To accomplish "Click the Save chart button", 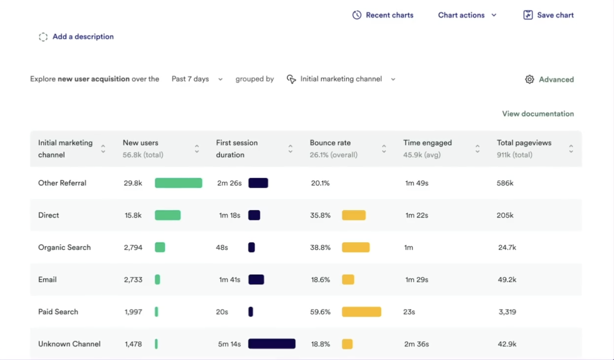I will pyautogui.click(x=548, y=15).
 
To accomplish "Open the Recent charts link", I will pyautogui.click(x=383, y=15).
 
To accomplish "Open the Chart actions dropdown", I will pyautogui.click(x=467, y=15).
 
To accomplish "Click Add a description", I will pyautogui.click(x=76, y=37).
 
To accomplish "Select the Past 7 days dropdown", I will pyautogui.click(x=197, y=79).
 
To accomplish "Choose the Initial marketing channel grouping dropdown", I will pyautogui.click(x=341, y=79).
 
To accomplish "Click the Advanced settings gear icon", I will pyautogui.click(x=529, y=79).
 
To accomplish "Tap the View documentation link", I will pyautogui.click(x=538, y=114).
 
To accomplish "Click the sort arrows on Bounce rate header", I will pyautogui.click(x=384, y=149).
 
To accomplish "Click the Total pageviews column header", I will pyautogui.click(x=524, y=143).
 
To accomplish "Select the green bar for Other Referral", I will pyautogui.click(x=178, y=183).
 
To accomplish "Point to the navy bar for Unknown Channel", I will pyautogui.click(x=272, y=344).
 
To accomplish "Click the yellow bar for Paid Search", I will pyautogui.click(x=361, y=312).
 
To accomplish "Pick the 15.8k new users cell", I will pyautogui.click(x=133, y=215).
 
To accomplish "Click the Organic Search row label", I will pyautogui.click(x=64, y=247).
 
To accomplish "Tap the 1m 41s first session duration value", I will pyautogui.click(x=230, y=280).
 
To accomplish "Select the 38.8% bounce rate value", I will pyautogui.click(x=320, y=247).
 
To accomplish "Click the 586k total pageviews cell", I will pyautogui.click(x=505, y=183).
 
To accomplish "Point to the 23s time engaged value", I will pyautogui.click(x=409, y=312).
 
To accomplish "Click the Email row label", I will pyautogui.click(x=47, y=280).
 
